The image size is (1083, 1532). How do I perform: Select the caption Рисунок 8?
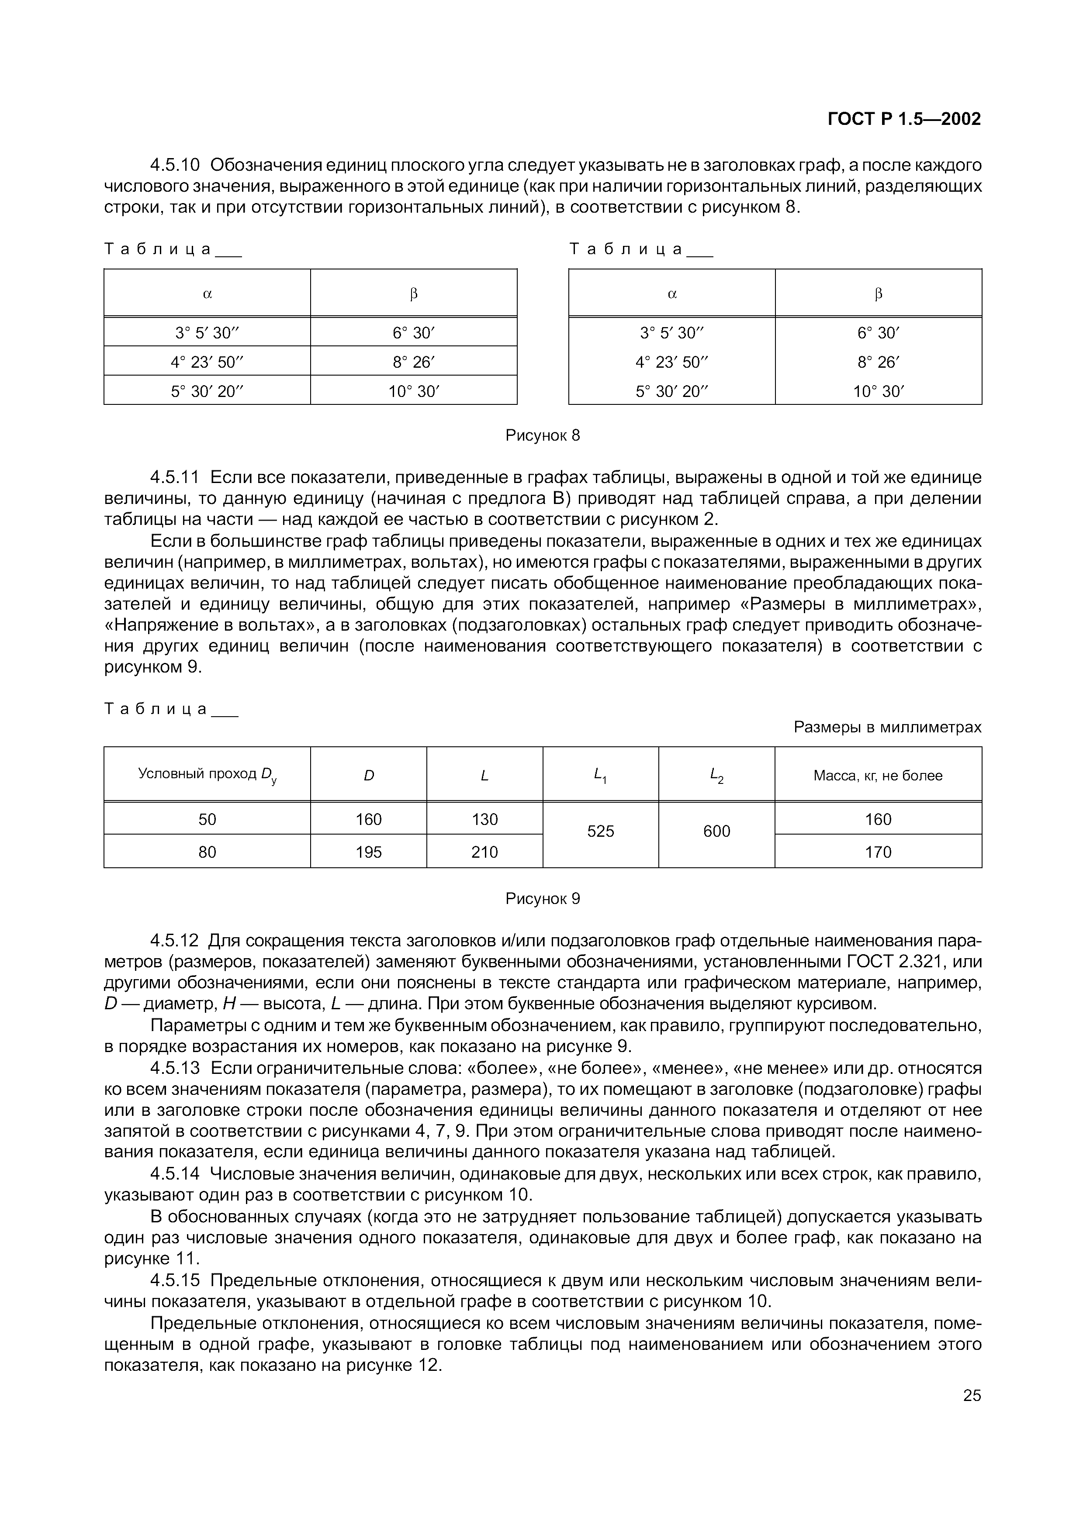point(543,436)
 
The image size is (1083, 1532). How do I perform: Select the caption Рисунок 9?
point(543,899)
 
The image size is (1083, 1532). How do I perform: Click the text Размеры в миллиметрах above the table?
point(887,727)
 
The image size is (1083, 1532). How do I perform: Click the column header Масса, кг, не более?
point(878,775)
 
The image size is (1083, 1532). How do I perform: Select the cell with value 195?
point(368,852)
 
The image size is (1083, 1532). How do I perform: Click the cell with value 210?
point(484,852)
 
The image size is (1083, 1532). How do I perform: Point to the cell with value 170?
point(878,852)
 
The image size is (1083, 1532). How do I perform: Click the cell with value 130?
point(484,819)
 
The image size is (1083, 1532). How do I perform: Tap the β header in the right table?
point(878,293)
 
